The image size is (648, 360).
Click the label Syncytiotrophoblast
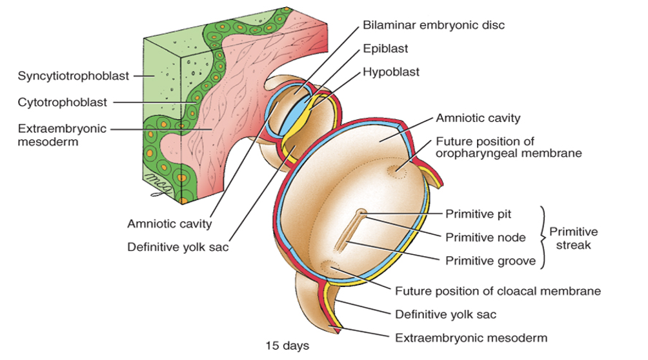[x=65, y=75]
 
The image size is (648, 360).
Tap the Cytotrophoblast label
[x=62, y=102]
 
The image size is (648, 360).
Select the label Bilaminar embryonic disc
[x=433, y=25]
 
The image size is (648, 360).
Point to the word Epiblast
[x=385, y=48]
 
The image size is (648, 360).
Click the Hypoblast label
[x=390, y=72]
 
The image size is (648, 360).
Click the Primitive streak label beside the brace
[x=573, y=237]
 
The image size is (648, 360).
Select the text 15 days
[x=288, y=345]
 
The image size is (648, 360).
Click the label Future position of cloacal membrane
[x=498, y=291]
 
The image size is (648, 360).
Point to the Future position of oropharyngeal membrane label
[x=509, y=147]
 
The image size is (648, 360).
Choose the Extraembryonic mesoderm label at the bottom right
[x=471, y=337]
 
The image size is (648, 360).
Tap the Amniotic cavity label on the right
[x=478, y=118]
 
